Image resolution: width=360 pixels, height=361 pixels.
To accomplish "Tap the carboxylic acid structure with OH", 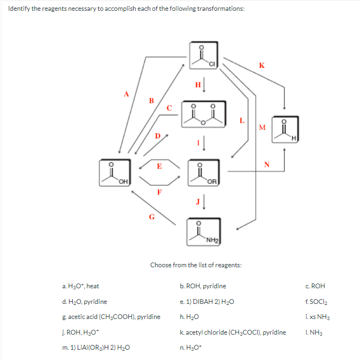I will (x=114, y=172).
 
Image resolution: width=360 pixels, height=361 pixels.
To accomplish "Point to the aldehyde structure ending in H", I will (x=286, y=129).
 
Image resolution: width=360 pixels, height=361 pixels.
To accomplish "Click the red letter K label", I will (x=261, y=66).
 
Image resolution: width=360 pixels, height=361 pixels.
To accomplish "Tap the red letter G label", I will (x=151, y=217).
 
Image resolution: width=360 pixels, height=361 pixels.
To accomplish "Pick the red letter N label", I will (x=266, y=163).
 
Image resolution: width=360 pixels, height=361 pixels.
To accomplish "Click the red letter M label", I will (x=262, y=128).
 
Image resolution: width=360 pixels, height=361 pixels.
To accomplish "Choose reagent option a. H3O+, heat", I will (x=80, y=286).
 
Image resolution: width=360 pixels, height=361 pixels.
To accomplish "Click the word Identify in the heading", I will (x=19, y=9).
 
